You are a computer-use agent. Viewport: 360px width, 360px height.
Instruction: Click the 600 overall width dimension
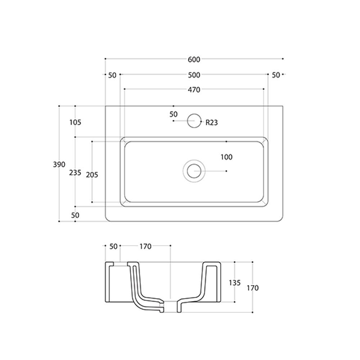tap(194, 59)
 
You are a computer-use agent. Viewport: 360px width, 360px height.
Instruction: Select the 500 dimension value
tap(194, 75)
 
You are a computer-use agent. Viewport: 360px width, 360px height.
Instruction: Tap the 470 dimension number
tap(194, 90)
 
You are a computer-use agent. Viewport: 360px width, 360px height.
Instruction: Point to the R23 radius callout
tap(212, 122)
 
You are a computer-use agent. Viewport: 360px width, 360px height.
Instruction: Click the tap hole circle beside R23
tap(194, 121)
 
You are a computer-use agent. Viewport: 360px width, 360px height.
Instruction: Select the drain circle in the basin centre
tap(194, 170)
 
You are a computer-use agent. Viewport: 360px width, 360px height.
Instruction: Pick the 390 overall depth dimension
tap(59, 165)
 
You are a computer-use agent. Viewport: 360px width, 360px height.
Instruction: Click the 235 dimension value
tap(75, 172)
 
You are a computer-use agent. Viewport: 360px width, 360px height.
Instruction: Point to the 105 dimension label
tap(75, 122)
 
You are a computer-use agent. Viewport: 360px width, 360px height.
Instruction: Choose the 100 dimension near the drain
tap(227, 157)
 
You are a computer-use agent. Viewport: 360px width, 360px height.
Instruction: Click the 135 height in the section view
tap(234, 283)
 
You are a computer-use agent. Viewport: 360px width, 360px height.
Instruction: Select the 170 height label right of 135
tap(253, 288)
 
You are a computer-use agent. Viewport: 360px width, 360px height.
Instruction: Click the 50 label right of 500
tap(276, 75)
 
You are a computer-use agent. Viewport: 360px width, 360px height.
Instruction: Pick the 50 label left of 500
tap(112, 75)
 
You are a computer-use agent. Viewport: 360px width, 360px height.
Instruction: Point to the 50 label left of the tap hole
tap(174, 114)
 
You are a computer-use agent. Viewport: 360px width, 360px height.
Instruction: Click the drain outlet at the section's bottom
tap(170, 306)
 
